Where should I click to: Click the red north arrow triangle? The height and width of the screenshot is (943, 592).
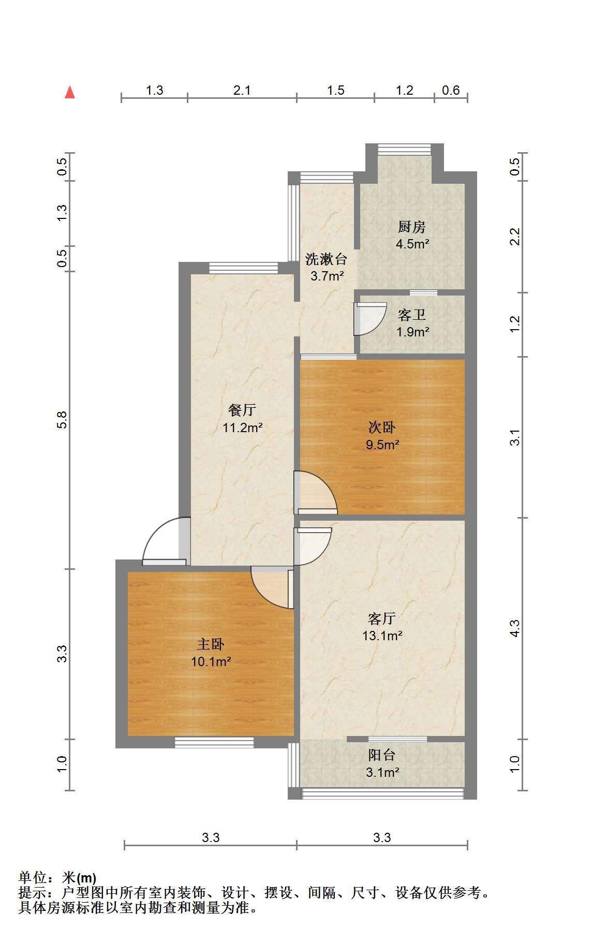click(x=70, y=93)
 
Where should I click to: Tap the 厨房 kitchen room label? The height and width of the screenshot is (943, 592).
click(x=412, y=227)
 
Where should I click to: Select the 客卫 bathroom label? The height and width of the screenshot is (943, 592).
click(x=412, y=315)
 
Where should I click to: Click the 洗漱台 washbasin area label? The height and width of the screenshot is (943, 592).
click(x=326, y=258)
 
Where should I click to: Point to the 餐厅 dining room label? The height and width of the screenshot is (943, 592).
click(x=242, y=410)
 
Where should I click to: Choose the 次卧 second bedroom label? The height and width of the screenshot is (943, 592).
click(x=382, y=427)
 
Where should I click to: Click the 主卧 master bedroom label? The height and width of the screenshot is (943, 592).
click(x=211, y=644)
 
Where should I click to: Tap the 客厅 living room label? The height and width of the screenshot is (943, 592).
click(x=382, y=618)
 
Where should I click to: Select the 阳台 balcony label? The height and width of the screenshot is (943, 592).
click(x=382, y=755)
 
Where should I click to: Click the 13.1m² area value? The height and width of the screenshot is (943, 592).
click(x=382, y=636)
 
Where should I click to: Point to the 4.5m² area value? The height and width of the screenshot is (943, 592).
click(x=412, y=244)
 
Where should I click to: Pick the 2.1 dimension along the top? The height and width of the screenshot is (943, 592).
click(x=242, y=90)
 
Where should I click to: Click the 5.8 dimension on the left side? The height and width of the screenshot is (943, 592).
click(x=62, y=420)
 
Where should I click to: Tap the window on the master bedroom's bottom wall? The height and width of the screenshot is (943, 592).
click(x=214, y=742)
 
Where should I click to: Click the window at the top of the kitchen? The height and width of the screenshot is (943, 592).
click(x=404, y=149)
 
